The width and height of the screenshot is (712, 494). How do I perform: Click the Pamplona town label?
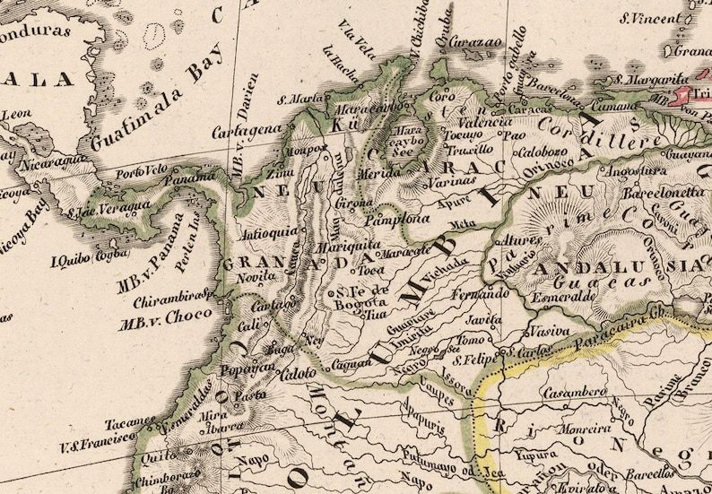tap(389, 218)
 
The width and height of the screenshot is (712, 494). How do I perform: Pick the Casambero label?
tap(575, 392)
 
